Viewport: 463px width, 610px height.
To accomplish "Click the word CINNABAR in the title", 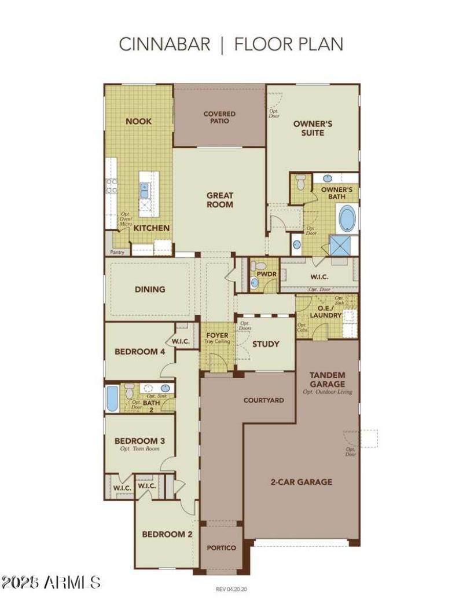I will click(164, 45).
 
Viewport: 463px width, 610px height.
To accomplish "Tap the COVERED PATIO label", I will click(219, 118).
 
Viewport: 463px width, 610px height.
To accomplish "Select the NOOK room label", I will click(139, 121).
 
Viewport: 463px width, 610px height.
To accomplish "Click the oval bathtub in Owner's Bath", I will click(348, 219).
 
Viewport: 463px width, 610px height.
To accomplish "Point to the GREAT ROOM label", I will click(220, 200).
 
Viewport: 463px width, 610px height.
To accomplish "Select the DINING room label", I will click(150, 289).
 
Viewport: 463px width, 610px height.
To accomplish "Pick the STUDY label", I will click(266, 344).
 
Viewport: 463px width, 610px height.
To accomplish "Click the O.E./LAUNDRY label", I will click(326, 311).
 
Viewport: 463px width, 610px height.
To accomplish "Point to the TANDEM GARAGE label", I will click(327, 379).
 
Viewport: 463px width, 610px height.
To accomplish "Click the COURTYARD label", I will click(263, 400).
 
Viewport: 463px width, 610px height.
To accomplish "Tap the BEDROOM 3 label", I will click(139, 441).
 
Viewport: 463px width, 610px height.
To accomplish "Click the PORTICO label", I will click(222, 547).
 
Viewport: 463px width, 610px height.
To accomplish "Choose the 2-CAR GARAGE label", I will click(301, 481).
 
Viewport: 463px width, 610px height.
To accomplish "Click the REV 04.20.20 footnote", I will click(231, 589).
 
